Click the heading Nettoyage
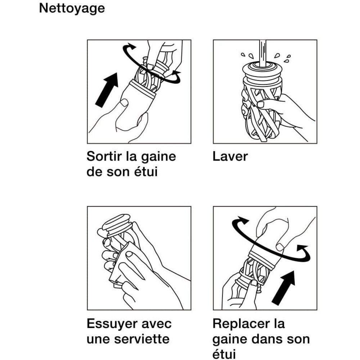(72, 9)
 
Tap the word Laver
(230, 156)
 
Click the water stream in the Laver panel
(263, 53)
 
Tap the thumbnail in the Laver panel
(261, 104)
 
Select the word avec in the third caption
(157, 324)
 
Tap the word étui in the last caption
(224, 354)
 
